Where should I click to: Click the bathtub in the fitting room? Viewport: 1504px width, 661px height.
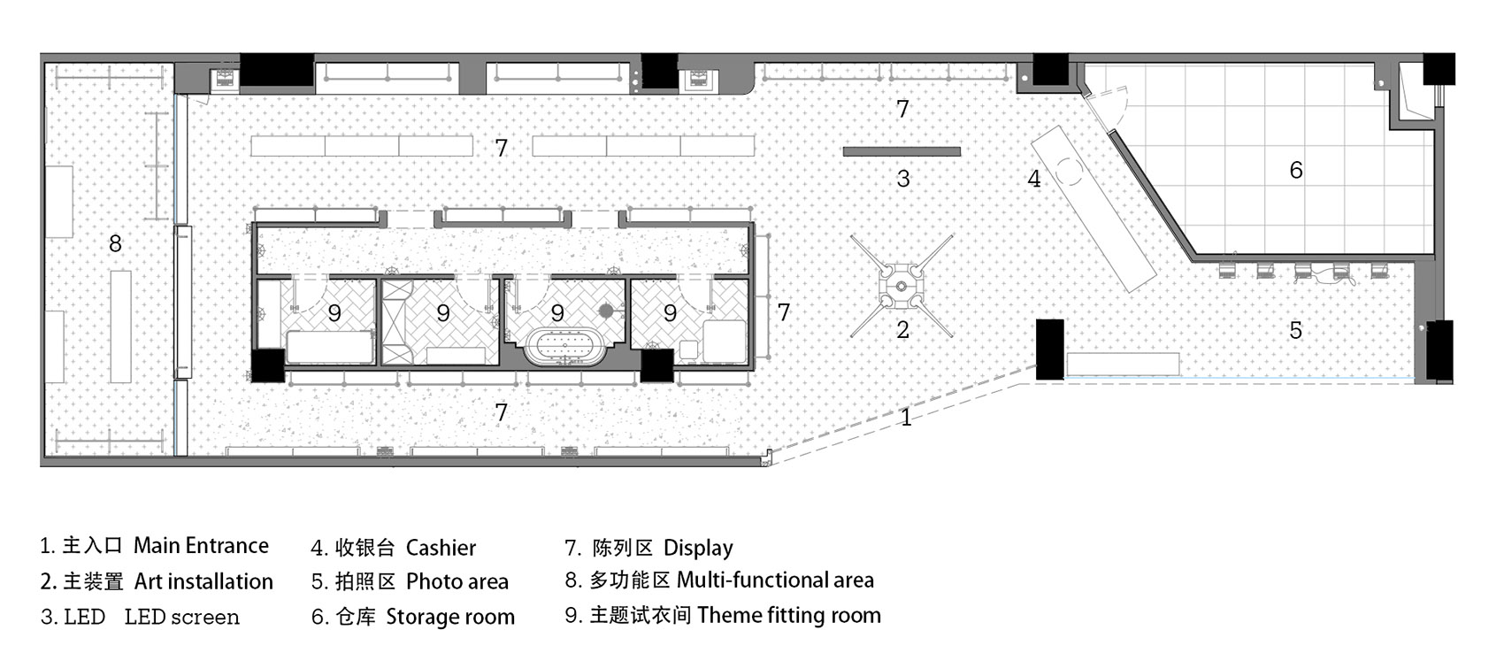[565, 347]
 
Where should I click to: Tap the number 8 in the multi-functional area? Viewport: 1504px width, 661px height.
[116, 243]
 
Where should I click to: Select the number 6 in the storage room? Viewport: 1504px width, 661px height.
[1296, 170]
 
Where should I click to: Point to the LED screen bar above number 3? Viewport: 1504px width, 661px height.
[902, 152]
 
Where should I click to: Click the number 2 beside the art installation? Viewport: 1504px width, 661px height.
[903, 329]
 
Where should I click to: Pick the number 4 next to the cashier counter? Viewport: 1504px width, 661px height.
[1034, 179]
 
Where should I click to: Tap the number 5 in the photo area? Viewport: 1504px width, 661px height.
[1296, 330]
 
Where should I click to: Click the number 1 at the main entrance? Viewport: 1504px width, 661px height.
[906, 417]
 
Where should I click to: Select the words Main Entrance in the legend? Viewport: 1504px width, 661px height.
[201, 545]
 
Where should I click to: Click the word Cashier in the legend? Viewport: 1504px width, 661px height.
[441, 548]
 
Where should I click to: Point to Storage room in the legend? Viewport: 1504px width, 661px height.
[449, 617]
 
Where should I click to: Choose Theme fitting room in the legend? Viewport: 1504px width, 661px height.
[789, 615]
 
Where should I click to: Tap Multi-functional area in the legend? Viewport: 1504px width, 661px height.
[776, 580]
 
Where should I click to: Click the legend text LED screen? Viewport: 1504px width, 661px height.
[182, 617]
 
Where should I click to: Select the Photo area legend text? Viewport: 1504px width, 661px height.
[457, 581]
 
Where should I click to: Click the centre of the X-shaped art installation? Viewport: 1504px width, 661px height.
[902, 286]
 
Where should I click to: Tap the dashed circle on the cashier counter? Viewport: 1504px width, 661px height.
[1069, 172]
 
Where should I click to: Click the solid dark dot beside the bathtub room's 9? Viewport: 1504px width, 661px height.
[606, 311]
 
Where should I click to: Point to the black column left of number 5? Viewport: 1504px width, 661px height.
[1049, 350]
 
